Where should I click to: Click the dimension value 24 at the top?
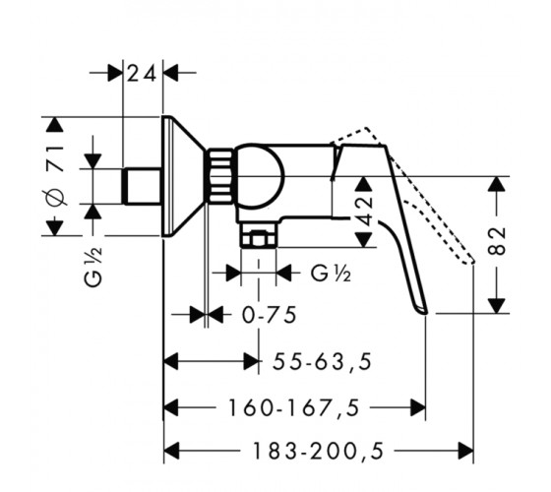(142, 74)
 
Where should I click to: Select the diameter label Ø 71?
(55, 176)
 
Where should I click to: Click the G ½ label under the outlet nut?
(331, 274)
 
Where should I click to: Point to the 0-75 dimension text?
(270, 315)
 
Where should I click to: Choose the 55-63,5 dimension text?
(323, 362)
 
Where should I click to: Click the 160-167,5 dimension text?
(294, 408)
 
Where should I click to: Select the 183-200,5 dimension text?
(318, 451)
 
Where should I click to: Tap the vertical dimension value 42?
(365, 212)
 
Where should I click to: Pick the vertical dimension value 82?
(497, 241)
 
